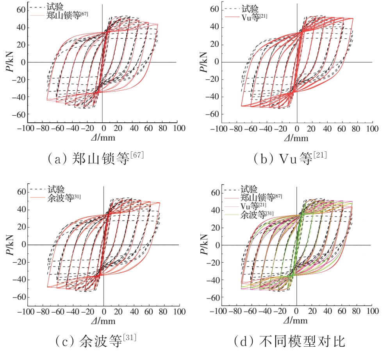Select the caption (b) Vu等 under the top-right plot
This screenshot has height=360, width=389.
[290, 159]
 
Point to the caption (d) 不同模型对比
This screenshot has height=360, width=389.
[289, 341]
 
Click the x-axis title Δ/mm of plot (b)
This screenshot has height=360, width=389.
[297, 138]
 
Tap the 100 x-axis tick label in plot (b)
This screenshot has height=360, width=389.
[372, 129]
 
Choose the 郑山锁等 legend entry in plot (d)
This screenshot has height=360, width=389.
[261, 197]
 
